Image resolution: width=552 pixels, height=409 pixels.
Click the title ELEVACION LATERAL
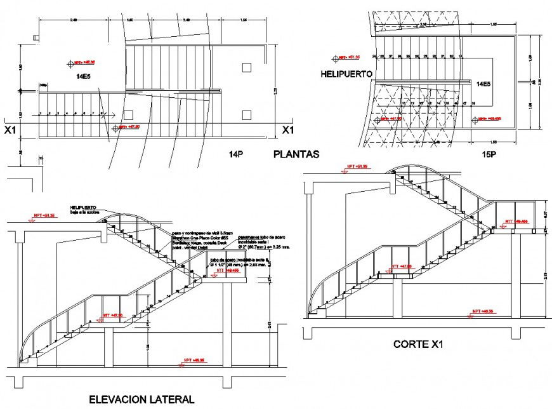[x=141, y=399]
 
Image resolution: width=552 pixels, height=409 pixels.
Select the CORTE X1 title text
[x=417, y=345]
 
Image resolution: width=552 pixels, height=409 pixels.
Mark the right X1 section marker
[x=287, y=130]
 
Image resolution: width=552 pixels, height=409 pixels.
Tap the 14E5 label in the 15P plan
[x=483, y=84]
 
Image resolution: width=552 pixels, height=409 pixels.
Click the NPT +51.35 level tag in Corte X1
[x=353, y=167]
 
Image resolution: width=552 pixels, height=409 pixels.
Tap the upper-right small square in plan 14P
[x=247, y=67]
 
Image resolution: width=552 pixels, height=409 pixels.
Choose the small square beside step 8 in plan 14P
[x=128, y=115]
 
